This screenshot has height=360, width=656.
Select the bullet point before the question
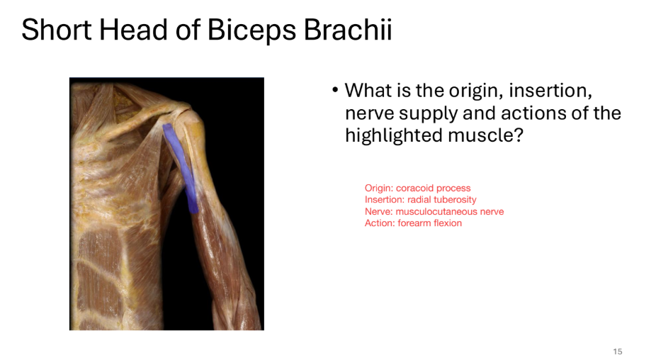pyautogui.click(x=334, y=91)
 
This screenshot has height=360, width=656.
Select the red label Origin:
pyautogui.click(x=379, y=189)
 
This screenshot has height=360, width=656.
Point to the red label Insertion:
pyautogui.click(x=385, y=200)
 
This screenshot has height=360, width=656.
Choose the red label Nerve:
pyautogui.click(x=379, y=211)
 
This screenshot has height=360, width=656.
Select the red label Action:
pyautogui.click(x=380, y=223)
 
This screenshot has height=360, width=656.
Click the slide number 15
pyautogui.click(x=617, y=351)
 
